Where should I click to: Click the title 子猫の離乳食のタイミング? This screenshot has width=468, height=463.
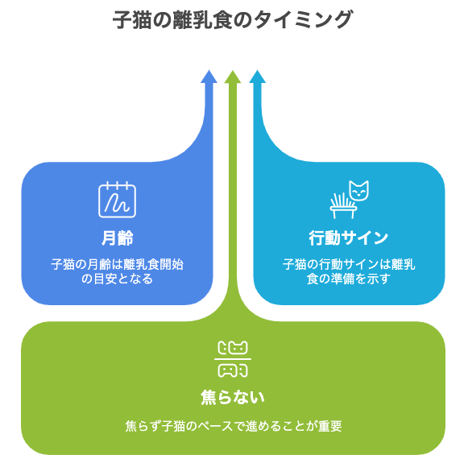(x=233, y=19)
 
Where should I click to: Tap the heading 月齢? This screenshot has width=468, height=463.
(x=117, y=238)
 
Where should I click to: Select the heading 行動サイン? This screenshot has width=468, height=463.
(x=348, y=238)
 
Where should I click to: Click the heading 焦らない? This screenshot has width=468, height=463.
(x=233, y=397)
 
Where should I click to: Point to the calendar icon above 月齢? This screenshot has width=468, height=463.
(x=117, y=199)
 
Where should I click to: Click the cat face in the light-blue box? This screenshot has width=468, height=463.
(x=359, y=190)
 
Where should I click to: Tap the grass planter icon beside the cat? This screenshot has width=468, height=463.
(x=343, y=206)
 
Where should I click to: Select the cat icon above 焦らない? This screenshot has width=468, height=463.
(x=233, y=359)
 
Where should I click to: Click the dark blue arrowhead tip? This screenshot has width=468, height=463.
(x=209, y=70)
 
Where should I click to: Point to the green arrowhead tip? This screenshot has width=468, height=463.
(x=233, y=71)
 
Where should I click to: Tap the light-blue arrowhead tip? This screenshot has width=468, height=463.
(x=257, y=70)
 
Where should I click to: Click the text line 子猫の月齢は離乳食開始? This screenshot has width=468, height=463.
(x=117, y=264)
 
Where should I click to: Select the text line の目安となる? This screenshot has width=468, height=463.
(x=117, y=279)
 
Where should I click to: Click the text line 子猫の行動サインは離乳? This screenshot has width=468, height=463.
(x=349, y=264)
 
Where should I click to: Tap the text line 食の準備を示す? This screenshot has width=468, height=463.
(x=348, y=279)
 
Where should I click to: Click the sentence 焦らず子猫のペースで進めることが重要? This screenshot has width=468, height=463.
(x=234, y=426)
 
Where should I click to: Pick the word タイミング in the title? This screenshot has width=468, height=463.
(x=304, y=19)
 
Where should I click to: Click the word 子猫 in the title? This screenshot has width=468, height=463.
(x=132, y=19)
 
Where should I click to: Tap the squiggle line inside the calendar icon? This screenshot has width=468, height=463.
(x=117, y=203)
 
